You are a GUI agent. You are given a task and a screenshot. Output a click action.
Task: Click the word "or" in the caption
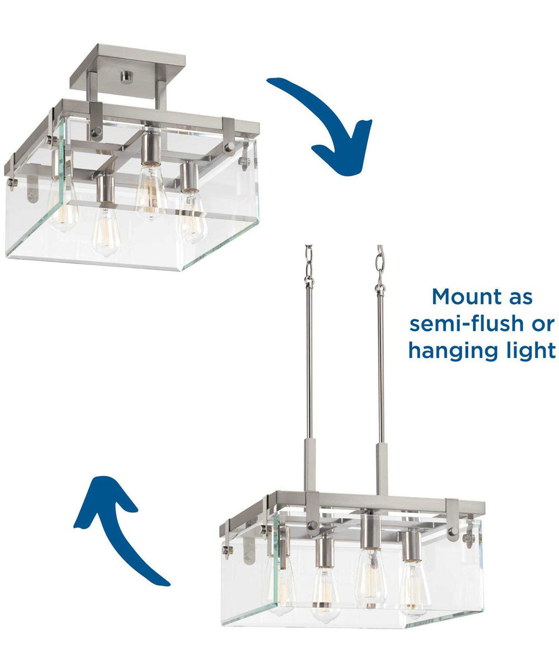pyautogui.click(x=542, y=324)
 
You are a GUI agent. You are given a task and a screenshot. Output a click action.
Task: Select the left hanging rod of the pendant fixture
pyautogui.click(x=309, y=363)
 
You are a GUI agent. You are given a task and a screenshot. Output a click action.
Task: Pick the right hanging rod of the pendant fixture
pyautogui.click(x=381, y=363)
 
